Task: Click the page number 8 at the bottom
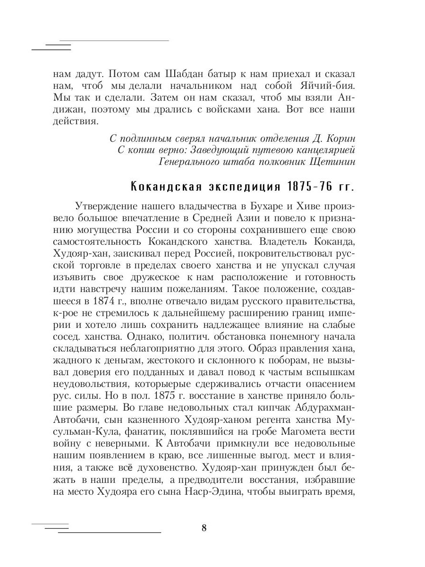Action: click(x=204, y=528)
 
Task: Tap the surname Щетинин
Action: click(x=331, y=162)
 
